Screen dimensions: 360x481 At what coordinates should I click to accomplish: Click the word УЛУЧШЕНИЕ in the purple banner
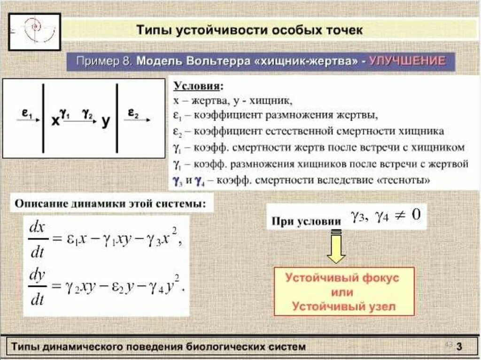pos(407,61)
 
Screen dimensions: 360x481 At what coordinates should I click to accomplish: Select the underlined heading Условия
pos(199,87)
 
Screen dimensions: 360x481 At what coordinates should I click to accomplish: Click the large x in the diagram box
pos(55,121)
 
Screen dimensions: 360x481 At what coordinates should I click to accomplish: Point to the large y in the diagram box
pos(106,121)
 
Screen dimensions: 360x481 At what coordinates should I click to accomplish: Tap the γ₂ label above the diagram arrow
pos(87,113)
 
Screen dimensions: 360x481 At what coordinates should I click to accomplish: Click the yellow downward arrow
pos(336,249)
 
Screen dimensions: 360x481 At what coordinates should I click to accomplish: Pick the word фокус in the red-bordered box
pos(373,277)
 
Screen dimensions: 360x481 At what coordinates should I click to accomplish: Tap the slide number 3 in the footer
pos(459,347)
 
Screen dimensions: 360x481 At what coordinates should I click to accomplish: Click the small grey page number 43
pos(448,345)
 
